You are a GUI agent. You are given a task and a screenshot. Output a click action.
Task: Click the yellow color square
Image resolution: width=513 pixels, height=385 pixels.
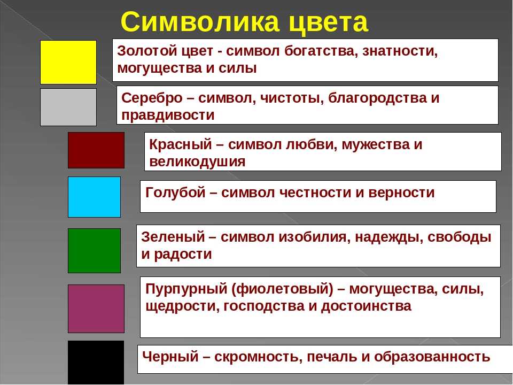pos(68,62)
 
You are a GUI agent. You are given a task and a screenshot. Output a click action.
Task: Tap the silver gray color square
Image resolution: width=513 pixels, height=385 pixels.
pos(68,107)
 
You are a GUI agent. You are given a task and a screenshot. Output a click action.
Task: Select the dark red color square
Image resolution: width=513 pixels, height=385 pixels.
pos(96,150)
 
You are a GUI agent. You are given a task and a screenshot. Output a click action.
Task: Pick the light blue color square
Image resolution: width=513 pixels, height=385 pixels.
pos(94,197)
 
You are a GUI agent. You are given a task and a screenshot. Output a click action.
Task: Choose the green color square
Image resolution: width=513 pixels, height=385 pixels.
pos(94,251)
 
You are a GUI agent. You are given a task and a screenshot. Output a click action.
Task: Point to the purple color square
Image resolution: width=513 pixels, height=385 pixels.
pos(96,309)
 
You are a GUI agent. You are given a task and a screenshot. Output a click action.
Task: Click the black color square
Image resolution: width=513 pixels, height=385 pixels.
pos(96,363)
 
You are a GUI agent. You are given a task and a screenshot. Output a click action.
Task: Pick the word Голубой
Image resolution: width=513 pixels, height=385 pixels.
pos(175,192)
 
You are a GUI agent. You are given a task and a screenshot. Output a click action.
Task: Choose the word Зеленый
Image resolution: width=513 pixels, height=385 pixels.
pos(173,237)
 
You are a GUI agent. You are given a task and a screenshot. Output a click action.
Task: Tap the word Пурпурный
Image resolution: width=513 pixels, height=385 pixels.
pos(186,289)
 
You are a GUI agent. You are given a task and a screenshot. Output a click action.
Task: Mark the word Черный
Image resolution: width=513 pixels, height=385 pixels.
pos(170,357)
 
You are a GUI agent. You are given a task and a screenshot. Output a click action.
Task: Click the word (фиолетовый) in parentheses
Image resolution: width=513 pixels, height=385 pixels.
pos(282,289)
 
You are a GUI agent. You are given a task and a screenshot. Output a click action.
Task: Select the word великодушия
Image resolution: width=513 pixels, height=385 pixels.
pos(197,162)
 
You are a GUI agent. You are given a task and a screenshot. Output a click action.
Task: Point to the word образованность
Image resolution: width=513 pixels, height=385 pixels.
pos(432,357)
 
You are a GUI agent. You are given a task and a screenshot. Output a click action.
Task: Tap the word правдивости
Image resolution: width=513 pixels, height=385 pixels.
pos(168,115)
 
